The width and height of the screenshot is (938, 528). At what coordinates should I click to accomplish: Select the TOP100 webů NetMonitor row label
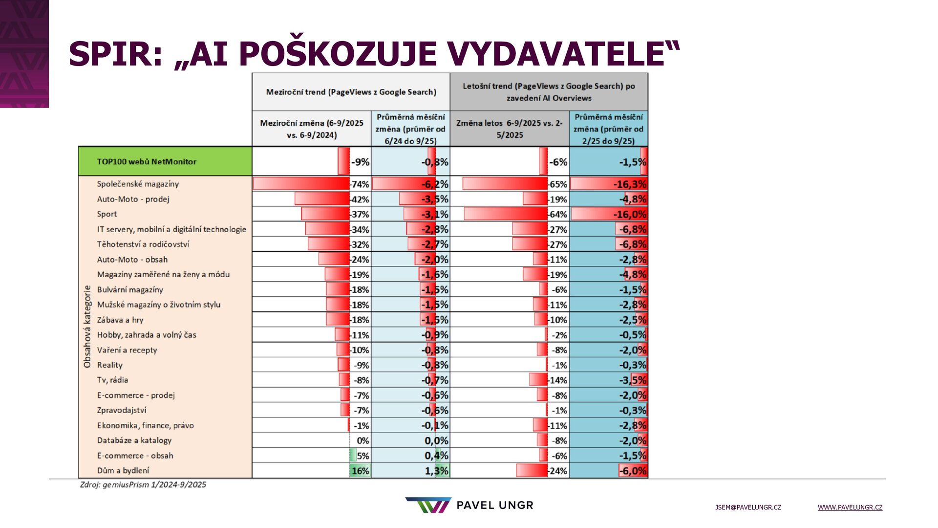click(x=147, y=162)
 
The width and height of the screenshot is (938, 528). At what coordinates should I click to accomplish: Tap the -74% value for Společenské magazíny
click(x=360, y=184)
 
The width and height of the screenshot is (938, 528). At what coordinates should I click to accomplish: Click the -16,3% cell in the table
click(x=630, y=184)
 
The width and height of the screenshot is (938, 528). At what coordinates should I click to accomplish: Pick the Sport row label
click(x=107, y=214)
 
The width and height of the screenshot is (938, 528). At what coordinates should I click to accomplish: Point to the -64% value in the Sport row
click(x=558, y=215)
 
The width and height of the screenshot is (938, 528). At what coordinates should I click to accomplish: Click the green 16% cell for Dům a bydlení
click(x=360, y=471)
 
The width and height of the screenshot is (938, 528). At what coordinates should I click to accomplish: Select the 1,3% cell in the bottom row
click(x=436, y=471)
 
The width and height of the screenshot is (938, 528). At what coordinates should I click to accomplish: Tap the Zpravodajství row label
click(x=122, y=410)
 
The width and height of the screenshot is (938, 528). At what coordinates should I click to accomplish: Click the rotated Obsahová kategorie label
click(x=87, y=327)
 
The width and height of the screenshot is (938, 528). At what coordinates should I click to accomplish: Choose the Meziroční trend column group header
click(x=351, y=92)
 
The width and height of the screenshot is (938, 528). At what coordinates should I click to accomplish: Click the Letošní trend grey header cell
click(x=549, y=92)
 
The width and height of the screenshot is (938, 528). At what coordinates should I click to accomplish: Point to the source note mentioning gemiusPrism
click(x=143, y=484)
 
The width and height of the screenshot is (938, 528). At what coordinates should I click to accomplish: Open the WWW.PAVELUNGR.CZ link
click(x=850, y=507)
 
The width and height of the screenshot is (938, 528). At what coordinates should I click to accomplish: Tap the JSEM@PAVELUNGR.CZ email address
click(x=748, y=507)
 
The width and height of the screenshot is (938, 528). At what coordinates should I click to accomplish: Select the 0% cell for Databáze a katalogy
click(x=362, y=440)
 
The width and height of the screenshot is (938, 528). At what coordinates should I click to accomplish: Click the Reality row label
click(x=110, y=365)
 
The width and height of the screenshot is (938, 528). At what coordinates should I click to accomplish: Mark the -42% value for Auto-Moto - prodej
click(x=360, y=199)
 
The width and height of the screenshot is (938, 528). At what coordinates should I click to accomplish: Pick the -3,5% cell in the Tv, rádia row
click(x=633, y=380)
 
